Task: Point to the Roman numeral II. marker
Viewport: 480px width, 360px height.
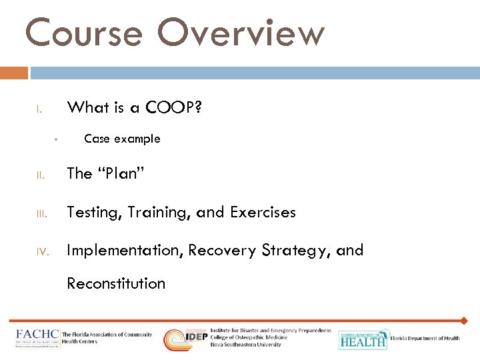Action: [x=40, y=176]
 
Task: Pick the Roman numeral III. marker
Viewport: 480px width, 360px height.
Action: [x=41, y=215]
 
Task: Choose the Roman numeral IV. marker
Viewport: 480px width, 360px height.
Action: [x=41, y=253]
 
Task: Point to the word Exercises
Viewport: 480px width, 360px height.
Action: [x=263, y=213]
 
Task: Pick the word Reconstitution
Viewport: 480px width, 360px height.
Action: [x=116, y=283]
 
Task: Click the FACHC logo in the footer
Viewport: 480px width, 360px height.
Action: [x=37, y=339]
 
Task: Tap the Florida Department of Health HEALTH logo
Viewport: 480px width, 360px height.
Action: [x=363, y=339]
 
